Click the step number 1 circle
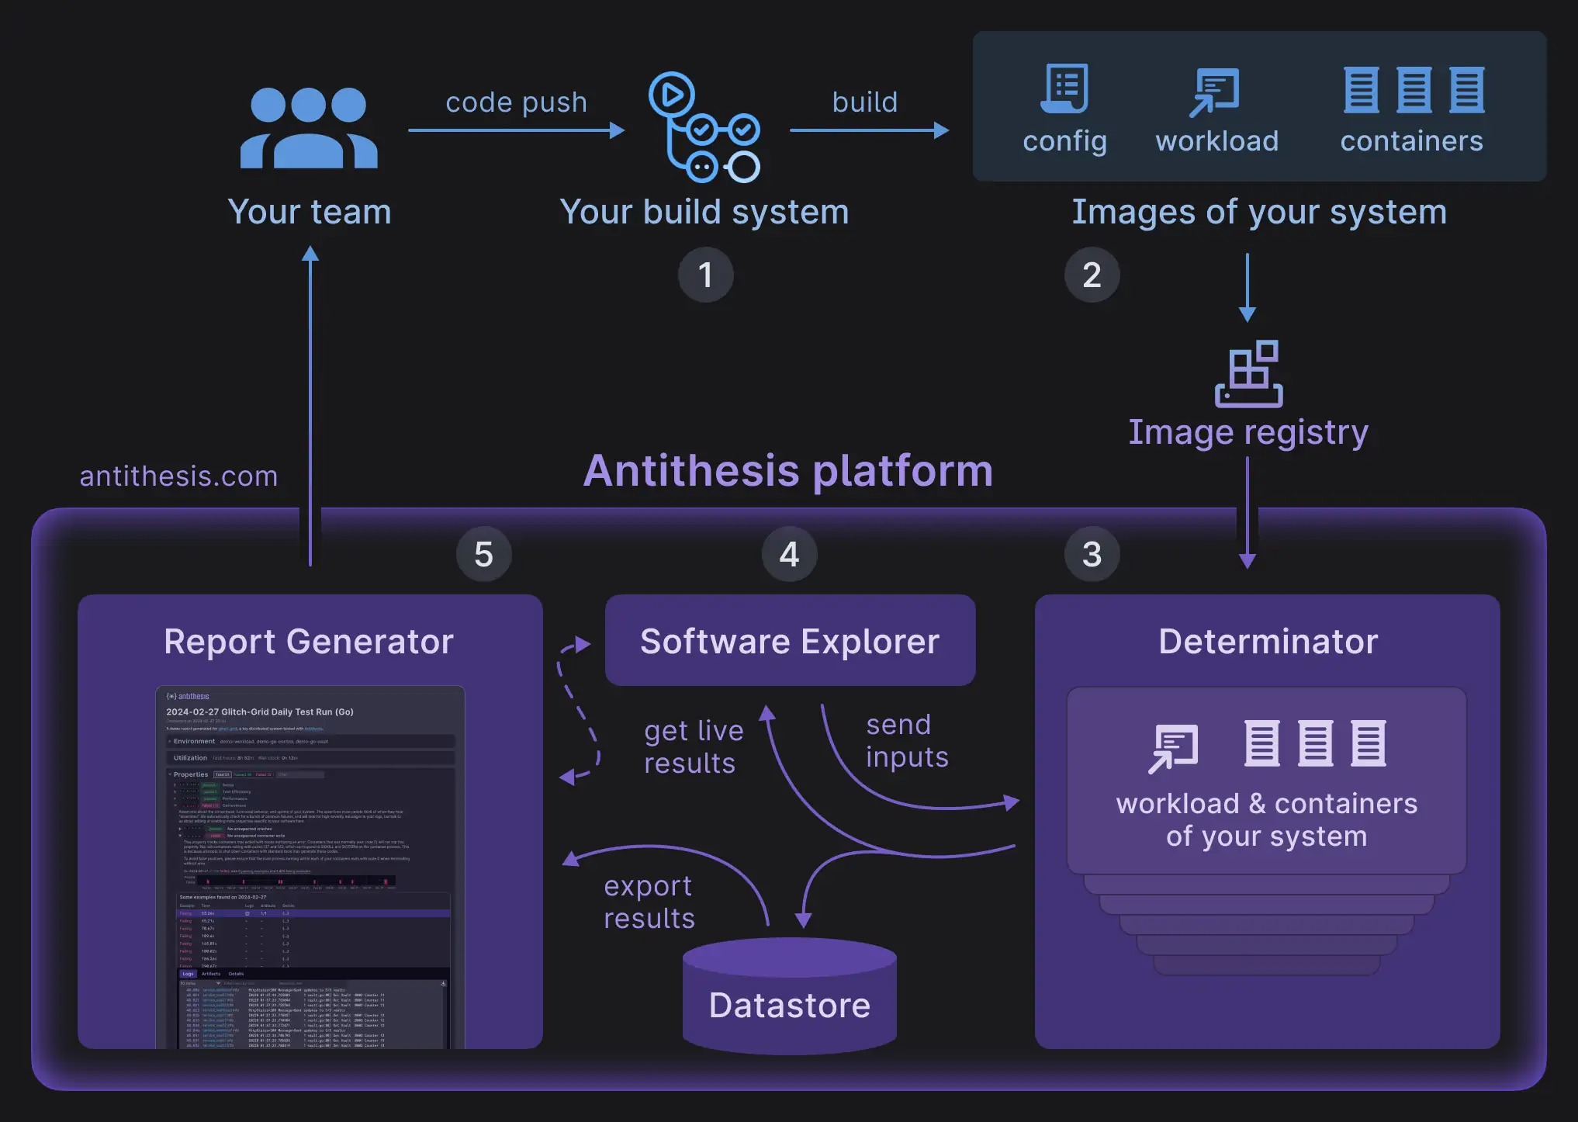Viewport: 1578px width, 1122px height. pyautogui.click(x=705, y=275)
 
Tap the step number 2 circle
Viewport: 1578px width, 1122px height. pyautogui.click(x=1092, y=275)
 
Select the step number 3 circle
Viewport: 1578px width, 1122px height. pyautogui.click(x=1092, y=554)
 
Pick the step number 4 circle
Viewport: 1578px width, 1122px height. pyautogui.click(x=789, y=554)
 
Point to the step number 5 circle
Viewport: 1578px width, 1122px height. pyautogui.click(x=483, y=554)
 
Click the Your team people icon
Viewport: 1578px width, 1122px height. pyautogui.click(x=309, y=128)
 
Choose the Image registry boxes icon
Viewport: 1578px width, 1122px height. pyautogui.click(x=1248, y=374)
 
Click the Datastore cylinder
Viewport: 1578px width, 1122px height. pyautogui.click(x=789, y=996)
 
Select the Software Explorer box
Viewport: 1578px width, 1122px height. pyautogui.click(x=790, y=641)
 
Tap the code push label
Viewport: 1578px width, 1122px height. pyautogui.click(x=516, y=102)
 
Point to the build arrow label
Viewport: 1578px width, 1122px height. pyautogui.click(x=865, y=102)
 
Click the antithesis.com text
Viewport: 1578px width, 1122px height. pyautogui.click(x=178, y=476)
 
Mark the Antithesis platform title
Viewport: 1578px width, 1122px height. pyautogui.click(x=788, y=471)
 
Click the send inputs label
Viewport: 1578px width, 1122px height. pyautogui.click(x=907, y=741)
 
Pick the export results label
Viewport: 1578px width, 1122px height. pyautogui.click(x=649, y=902)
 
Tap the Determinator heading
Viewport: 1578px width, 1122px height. pyautogui.click(x=1268, y=642)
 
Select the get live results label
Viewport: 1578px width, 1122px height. pyautogui.click(x=694, y=747)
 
